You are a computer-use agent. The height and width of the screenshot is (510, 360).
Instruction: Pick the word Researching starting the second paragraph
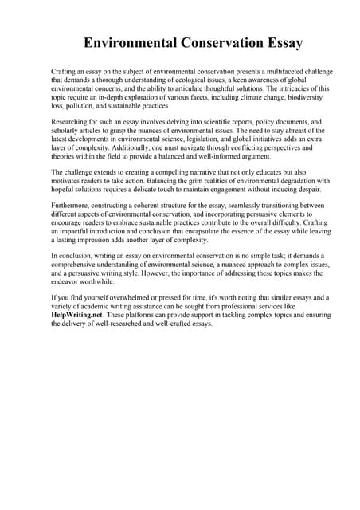click(x=70, y=123)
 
